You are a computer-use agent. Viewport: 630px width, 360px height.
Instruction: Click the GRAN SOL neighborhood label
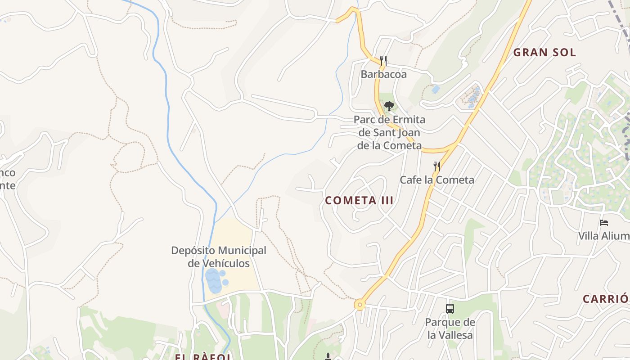coord(544,52)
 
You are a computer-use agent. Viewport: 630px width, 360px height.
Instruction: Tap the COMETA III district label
coord(359,200)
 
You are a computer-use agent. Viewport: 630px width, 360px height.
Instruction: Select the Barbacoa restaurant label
coord(383,74)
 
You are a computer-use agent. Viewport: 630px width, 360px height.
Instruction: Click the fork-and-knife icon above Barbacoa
coord(383,60)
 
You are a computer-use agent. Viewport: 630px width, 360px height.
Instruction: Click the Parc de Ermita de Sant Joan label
coord(389,133)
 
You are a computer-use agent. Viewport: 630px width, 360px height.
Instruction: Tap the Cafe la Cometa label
coord(437,180)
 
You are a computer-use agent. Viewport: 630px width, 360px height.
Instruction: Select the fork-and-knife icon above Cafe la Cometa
coord(436,166)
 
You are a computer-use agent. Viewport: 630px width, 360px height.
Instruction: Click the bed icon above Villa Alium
coord(604,222)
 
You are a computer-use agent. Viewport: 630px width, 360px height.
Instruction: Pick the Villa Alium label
coord(603,236)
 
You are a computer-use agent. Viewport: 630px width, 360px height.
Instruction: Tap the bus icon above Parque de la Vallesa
coord(450,309)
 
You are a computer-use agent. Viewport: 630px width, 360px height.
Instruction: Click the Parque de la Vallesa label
coord(450,328)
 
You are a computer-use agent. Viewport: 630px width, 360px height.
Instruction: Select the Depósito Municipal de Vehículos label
coord(219,256)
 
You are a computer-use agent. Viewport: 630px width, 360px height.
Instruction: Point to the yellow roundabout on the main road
coord(359,305)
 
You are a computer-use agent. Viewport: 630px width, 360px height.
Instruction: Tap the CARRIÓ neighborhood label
coord(606,299)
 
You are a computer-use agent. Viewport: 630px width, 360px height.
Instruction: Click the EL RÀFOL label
coord(202,357)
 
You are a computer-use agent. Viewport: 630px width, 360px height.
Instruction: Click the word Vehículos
coord(219,263)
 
